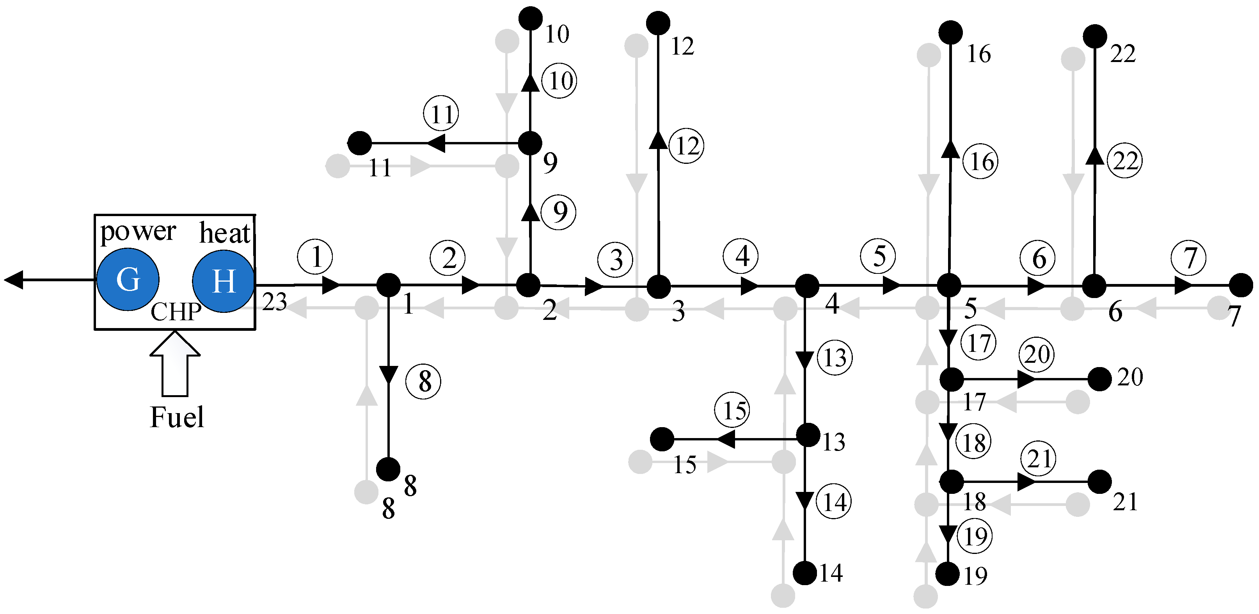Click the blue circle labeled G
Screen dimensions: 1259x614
click(128, 280)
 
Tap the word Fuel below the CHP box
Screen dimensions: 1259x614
click(176, 417)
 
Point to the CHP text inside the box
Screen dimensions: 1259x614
click(176, 311)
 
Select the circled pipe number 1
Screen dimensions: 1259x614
click(315, 257)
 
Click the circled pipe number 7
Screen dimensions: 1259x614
click(1188, 257)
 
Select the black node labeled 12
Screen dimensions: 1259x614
click(658, 23)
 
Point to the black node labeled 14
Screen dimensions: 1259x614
click(804, 572)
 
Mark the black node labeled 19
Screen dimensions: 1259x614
click(948, 574)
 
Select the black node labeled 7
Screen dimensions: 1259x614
click(1240, 285)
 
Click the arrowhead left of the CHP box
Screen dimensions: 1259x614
click(14, 280)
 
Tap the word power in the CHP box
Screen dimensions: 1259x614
click(137, 232)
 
